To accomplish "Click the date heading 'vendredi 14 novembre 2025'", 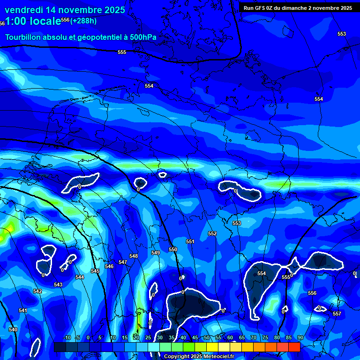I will (65, 10).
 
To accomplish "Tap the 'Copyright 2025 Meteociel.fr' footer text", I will (199, 356).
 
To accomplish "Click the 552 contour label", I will (212, 233).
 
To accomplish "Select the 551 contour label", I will (190, 241).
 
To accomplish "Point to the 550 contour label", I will (173, 249).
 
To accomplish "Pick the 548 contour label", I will (134, 256).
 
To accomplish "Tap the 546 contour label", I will (109, 266).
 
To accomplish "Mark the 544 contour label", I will (80, 277).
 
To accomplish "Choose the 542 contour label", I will (37, 291).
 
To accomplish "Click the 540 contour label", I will (13, 330).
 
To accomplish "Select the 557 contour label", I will (337, 313).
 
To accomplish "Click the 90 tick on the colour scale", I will (300, 337).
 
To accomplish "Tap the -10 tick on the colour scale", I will (67, 337).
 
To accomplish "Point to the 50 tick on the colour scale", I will (206, 337).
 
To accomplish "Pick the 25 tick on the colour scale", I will (148, 337).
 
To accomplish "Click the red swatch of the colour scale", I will (294, 347).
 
